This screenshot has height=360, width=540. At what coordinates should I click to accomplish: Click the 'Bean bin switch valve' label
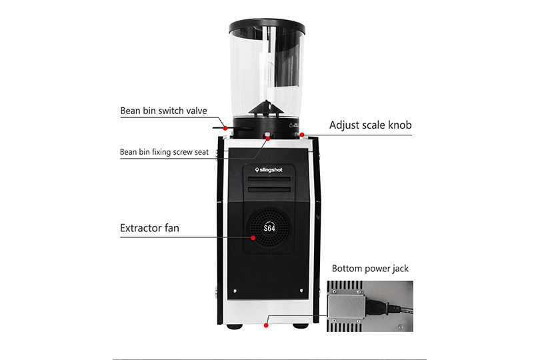(163, 111)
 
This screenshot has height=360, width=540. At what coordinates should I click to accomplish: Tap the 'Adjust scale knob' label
(370, 125)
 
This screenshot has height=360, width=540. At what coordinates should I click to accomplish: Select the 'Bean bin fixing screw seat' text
(164, 152)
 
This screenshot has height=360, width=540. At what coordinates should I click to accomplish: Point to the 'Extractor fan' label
(149, 228)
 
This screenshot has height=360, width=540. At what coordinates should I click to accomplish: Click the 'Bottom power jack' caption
(370, 269)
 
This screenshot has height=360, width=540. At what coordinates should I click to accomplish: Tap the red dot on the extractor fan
(253, 238)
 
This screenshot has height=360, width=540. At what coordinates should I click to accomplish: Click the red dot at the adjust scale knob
(302, 135)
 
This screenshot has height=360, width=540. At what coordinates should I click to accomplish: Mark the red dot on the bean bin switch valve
(225, 128)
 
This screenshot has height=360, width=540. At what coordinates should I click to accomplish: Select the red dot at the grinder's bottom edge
(266, 325)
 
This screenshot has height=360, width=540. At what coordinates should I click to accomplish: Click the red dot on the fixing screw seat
(267, 138)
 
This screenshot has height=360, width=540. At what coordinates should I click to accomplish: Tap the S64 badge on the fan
(269, 228)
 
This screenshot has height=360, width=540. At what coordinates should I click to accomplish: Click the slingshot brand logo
(269, 170)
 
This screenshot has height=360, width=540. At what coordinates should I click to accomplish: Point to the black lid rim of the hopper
(267, 27)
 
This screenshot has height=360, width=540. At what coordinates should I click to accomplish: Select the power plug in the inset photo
(381, 306)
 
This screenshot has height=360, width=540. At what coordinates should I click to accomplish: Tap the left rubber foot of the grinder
(235, 326)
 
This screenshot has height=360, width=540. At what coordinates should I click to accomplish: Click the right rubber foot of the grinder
(301, 326)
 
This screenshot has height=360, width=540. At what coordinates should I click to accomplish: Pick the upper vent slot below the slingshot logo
(269, 179)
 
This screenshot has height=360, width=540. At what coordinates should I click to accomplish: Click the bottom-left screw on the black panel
(235, 291)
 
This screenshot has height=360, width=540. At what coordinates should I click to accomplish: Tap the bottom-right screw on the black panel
(302, 291)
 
